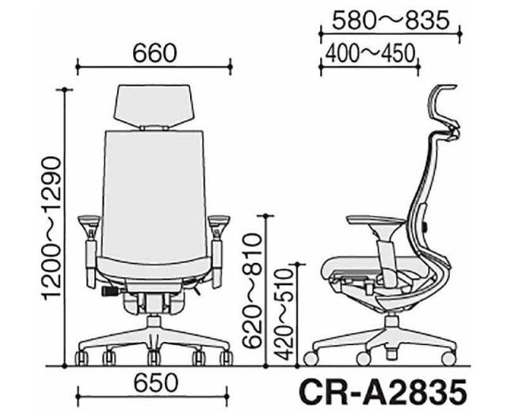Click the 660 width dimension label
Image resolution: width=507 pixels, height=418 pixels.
(155, 53)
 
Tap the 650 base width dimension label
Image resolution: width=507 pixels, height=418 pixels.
(156, 383)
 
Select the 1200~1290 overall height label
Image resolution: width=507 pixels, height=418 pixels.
(51, 228)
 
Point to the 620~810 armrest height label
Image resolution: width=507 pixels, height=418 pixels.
(252, 291)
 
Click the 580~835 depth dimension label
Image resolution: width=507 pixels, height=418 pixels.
(391, 21)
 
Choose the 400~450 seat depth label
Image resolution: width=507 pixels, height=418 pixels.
(370, 53)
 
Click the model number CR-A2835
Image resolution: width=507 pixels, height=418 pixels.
(383, 393)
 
